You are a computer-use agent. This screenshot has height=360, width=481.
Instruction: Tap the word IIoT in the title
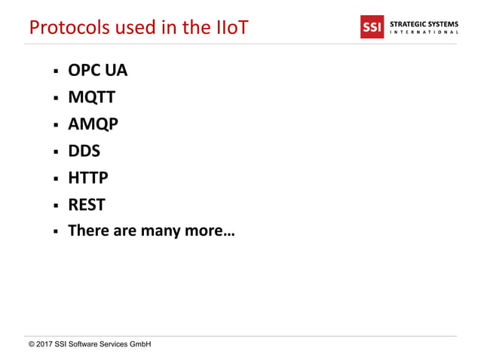[225, 27]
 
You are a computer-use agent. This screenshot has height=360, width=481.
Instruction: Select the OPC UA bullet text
[98, 71]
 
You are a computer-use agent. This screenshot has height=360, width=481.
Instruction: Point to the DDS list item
[84, 151]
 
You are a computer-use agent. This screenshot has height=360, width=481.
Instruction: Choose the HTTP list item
[88, 178]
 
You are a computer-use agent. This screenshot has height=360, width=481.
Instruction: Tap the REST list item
[87, 204]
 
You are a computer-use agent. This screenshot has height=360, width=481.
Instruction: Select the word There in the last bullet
[89, 230]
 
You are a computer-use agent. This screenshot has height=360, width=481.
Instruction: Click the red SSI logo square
[373, 28]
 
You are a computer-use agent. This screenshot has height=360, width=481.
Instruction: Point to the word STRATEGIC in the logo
[407, 23]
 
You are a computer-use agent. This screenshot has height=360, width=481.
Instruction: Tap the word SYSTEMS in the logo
[443, 23]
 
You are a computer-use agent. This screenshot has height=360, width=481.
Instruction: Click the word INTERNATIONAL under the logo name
[424, 33]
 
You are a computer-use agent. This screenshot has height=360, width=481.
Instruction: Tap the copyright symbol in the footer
[31, 344]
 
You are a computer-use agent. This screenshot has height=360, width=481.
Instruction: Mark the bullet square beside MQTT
[55, 99]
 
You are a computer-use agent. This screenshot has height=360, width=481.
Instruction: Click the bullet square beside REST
[55, 206]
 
